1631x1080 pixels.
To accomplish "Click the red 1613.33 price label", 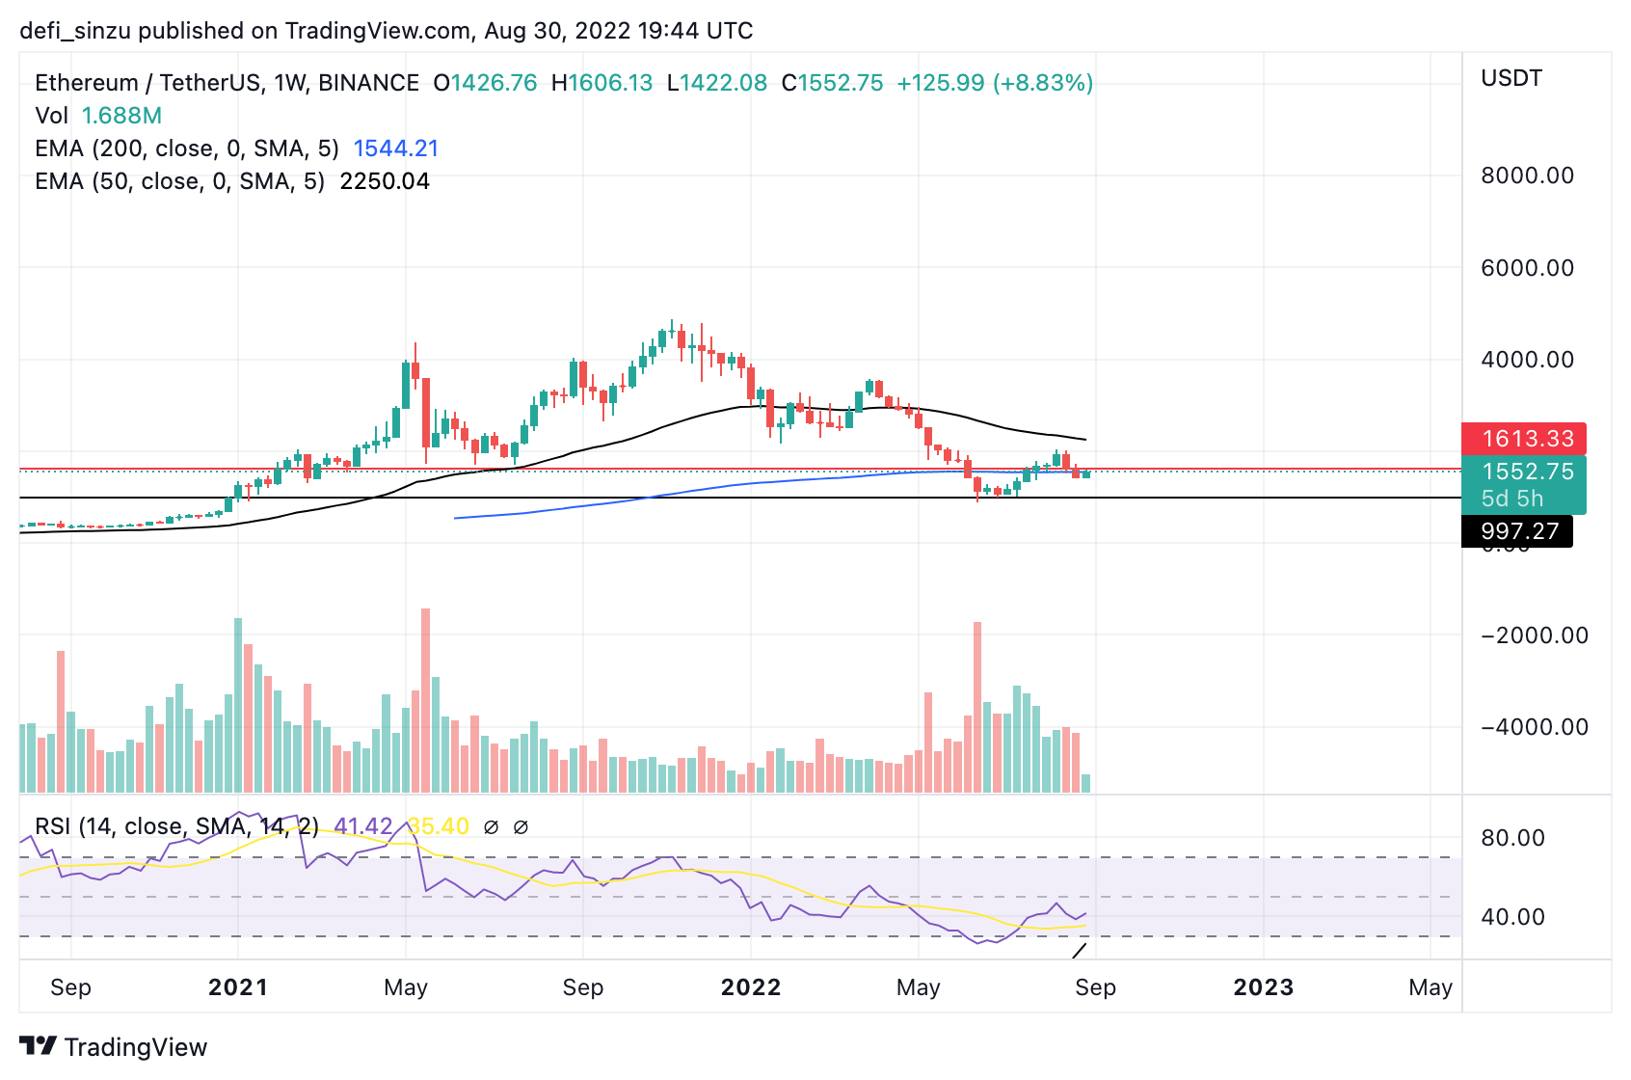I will (1527, 439).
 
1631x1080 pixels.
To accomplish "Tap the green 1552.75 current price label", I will (1527, 472).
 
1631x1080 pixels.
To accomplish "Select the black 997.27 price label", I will (1519, 531).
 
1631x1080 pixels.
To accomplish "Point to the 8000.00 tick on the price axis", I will (1527, 175).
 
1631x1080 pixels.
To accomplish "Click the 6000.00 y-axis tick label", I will (1527, 268).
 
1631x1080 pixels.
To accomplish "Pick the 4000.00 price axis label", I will (1527, 360).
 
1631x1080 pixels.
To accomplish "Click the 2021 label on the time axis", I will (238, 987).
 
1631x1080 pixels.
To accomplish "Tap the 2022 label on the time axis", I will (751, 987).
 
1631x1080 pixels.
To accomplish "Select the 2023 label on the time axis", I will (1264, 987).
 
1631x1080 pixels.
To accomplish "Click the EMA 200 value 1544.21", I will (395, 148).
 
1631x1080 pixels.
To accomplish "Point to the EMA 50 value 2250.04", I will (385, 181).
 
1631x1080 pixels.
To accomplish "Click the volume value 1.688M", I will (121, 116).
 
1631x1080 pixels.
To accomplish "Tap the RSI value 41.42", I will (362, 826).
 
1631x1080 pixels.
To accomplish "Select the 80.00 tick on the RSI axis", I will (1512, 838).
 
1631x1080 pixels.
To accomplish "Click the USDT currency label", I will (1511, 78).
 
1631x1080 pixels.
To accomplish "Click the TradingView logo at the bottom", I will (114, 1047).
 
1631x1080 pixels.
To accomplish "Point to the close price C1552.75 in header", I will (832, 83).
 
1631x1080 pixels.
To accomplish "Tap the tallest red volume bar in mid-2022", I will (977, 707).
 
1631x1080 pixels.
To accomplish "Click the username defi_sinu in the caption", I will (74, 31).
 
